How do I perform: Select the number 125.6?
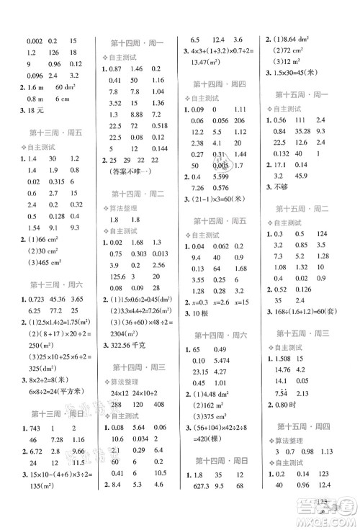click(x=115, y=274)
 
